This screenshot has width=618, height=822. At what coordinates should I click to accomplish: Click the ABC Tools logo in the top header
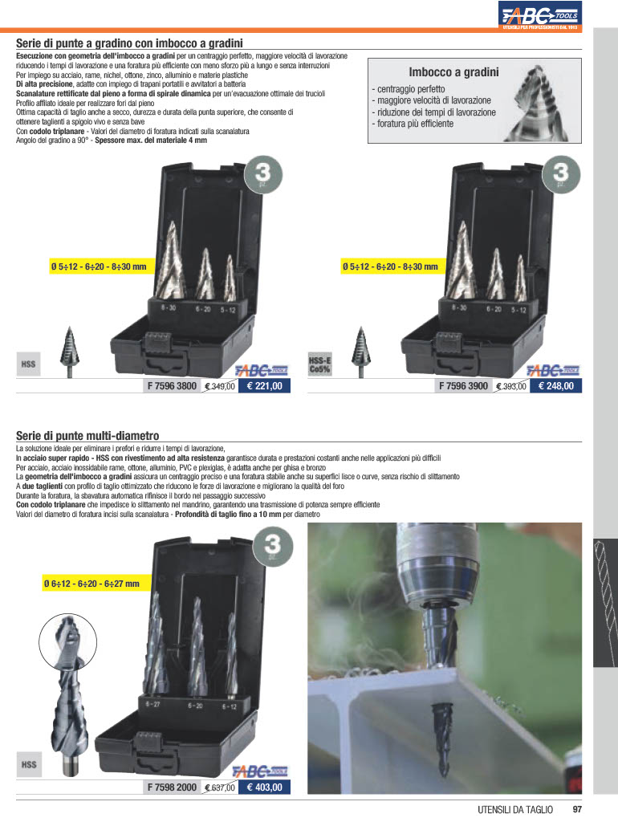click(x=540, y=14)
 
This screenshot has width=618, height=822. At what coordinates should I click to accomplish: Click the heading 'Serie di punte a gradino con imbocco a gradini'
click(x=129, y=43)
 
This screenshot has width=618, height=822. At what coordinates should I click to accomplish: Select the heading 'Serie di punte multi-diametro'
click(x=87, y=436)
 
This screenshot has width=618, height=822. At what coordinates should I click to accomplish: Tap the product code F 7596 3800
click(x=172, y=386)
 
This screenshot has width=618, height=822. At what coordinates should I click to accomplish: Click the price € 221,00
click(x=264, y=386)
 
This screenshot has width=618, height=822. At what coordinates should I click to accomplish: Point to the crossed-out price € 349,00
click(x=220, y=386)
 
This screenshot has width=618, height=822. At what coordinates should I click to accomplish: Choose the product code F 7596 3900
click(x=463, y=386)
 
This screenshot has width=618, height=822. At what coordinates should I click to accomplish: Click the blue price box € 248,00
click(x=555, y=386)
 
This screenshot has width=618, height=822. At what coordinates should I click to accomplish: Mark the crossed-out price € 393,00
click(x=511, y=386)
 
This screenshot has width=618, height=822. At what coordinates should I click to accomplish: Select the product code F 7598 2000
click(x=172, y=787)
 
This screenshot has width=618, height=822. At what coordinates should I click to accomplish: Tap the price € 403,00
click(x=264, y=787)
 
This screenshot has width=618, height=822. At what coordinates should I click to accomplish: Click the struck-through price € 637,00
click(x=220, y=787)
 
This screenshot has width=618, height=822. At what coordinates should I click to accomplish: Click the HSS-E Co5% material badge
click(x=319, y=364)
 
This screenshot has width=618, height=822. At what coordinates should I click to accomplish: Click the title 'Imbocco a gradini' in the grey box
click(x=453, y=71)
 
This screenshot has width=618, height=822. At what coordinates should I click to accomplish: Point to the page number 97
click(x=577, y=809)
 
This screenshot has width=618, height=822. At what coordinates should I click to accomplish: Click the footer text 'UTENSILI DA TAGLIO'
click(x=514, y=809)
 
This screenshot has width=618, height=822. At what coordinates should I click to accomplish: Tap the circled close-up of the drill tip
click(x=67, y=642)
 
